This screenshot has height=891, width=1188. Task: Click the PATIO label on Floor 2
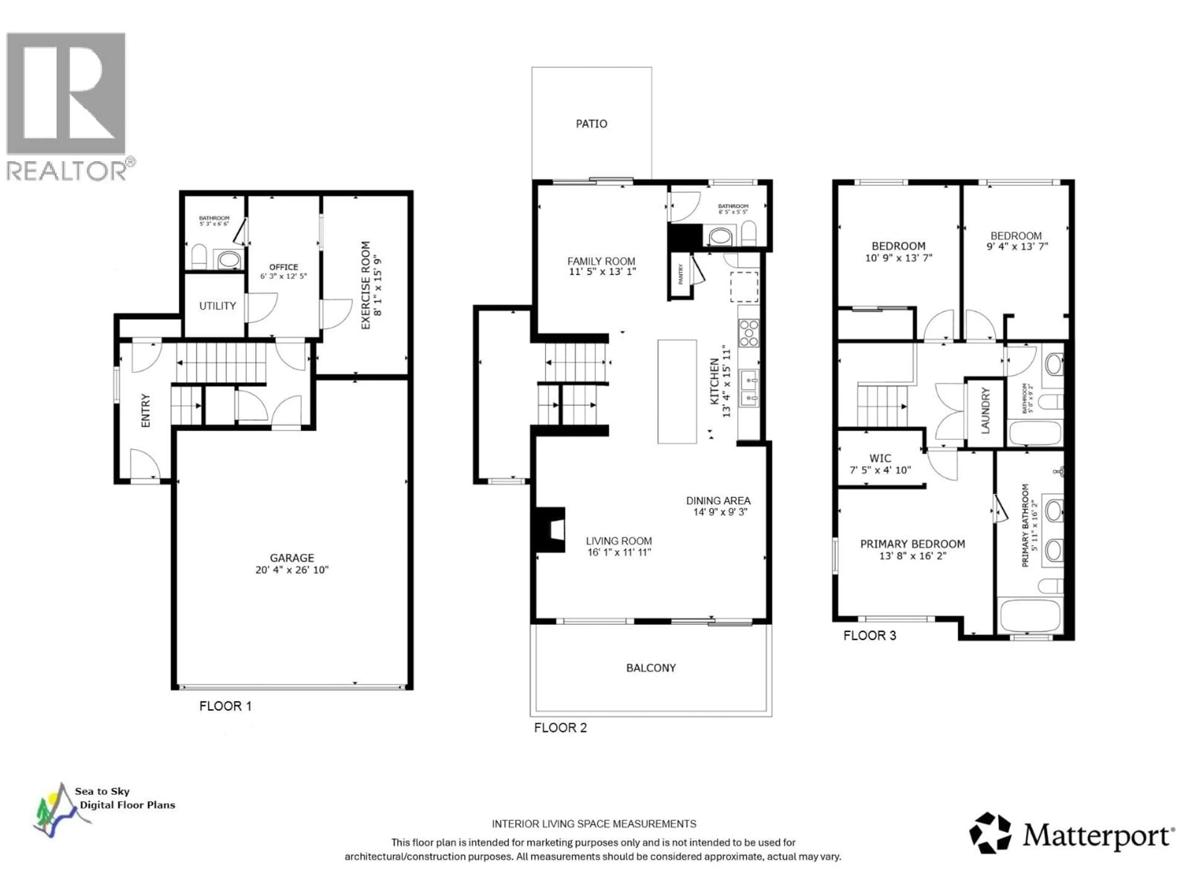591,124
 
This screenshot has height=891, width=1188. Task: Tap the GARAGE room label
292,558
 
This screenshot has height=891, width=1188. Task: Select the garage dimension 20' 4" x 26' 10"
292,570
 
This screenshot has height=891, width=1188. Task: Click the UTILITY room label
217,306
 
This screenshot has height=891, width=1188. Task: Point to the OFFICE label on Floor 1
284,267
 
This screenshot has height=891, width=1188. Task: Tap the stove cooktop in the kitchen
749,333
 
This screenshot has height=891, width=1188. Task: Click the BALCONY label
650,668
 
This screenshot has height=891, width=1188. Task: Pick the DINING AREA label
718,501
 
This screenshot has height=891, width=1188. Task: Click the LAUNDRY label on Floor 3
985,411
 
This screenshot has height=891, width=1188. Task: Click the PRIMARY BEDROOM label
912,544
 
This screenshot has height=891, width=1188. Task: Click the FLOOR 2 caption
560,728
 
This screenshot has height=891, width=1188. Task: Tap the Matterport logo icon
989,833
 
